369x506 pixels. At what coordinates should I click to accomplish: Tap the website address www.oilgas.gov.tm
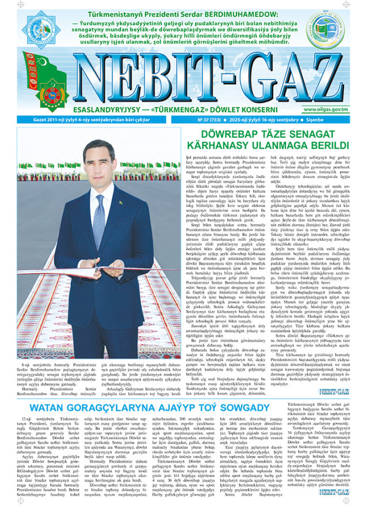pos(340,109)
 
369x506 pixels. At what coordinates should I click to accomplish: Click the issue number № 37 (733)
pos(212,120)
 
